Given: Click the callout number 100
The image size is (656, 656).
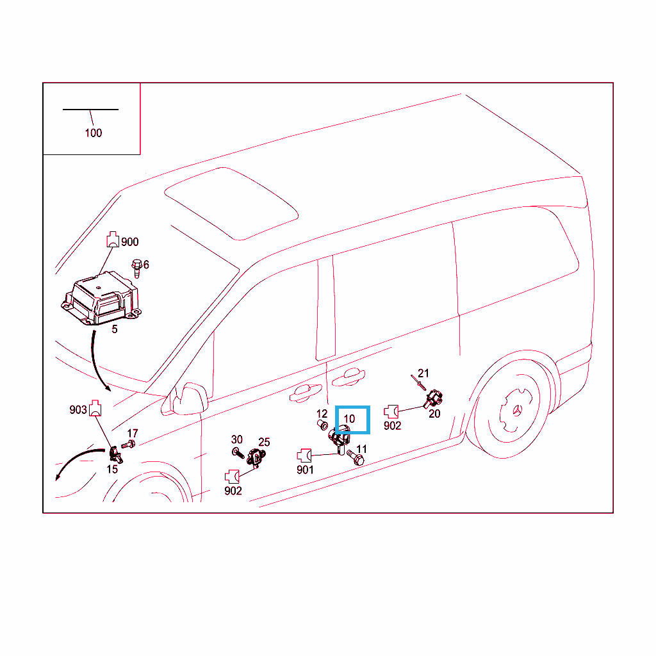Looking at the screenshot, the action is tap(94, 133).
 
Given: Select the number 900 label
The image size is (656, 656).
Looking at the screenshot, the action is tap(129, 242).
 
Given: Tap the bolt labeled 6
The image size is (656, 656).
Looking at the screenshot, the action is tap(136, 268).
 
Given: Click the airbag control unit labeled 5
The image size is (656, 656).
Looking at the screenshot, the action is tap(101, 299).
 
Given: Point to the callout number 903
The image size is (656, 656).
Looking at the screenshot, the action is tap(78, 409).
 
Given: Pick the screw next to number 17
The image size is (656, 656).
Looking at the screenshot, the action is tap(128, 445).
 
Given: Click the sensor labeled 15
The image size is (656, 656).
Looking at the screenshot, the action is tap(115, 455).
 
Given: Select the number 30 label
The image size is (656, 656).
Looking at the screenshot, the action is tap(237, 439).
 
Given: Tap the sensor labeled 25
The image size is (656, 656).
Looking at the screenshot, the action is tap(256, 457).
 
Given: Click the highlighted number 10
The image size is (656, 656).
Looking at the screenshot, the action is tap(349, 419).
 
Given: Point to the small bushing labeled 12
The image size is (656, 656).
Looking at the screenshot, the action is tap(323, 425).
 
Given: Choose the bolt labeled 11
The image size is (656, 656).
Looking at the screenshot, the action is tap(356, 457).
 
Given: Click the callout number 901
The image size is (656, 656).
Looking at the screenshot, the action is tap(305, 470).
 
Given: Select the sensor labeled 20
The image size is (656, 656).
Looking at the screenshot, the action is tap(434, 398).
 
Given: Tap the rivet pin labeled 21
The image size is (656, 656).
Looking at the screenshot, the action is tap(418, 382).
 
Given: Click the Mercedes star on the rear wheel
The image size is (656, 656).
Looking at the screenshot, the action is tap(518, 411).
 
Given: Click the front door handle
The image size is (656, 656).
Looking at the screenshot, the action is tap(306, 393).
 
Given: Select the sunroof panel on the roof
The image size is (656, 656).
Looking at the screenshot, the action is tap(231, 204).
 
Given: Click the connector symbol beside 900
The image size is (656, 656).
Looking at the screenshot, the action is tap(113, 240).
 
